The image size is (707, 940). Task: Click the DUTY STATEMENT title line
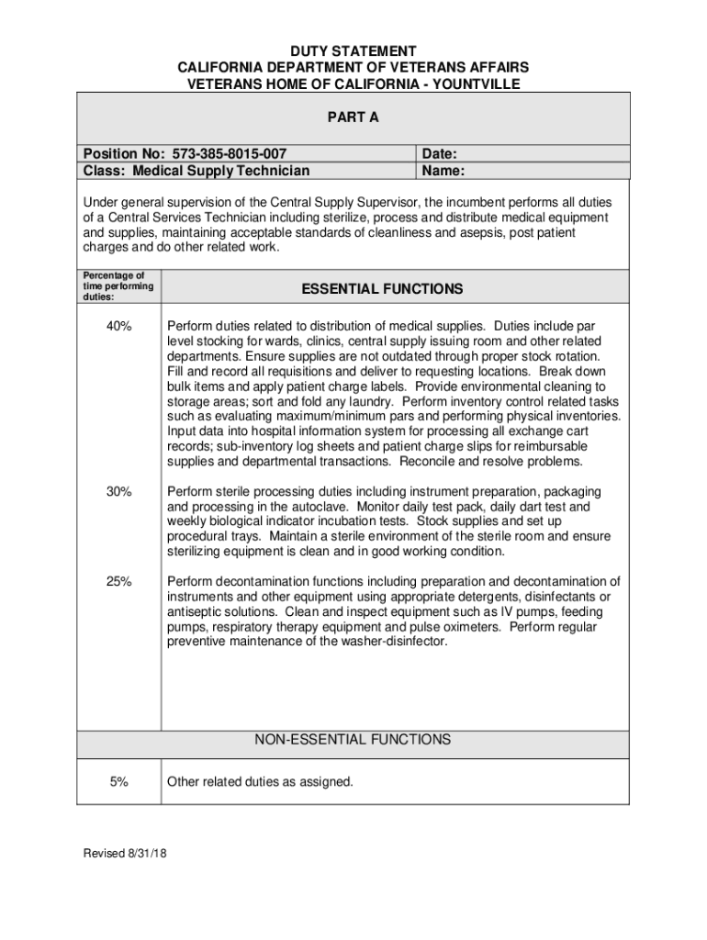(x=353, y=51)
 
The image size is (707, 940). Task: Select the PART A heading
(x=353, y=117)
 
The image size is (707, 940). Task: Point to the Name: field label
(x=443, y=171)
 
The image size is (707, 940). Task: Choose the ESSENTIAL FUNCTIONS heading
(x=382, y=289)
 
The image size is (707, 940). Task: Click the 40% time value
(x=118, y=326)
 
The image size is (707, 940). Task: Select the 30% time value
(x=118, y=492)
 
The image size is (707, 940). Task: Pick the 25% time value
(x=118, y=581)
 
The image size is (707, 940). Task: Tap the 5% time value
(x=118, y=782)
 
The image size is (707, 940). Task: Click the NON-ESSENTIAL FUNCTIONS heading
(x=353, y=739)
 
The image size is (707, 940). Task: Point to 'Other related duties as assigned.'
(x=260, y=782)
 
